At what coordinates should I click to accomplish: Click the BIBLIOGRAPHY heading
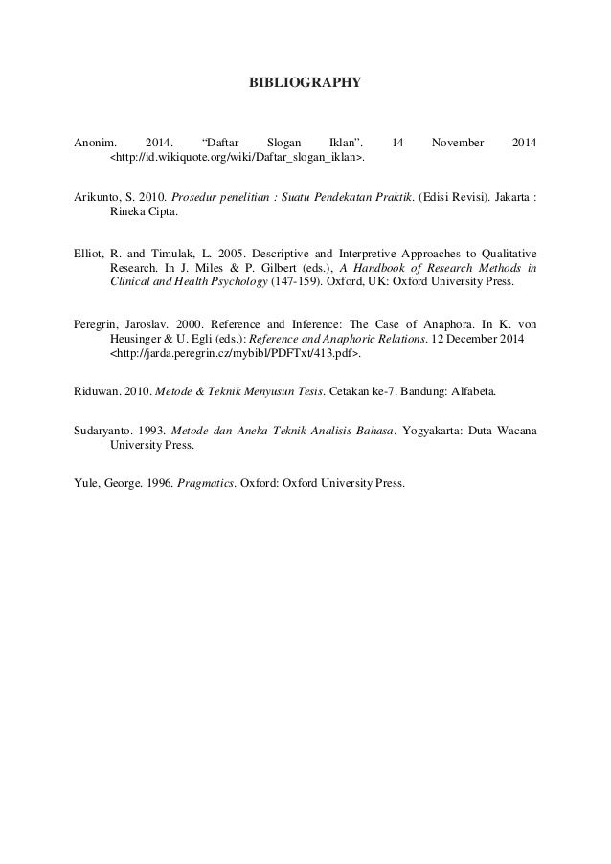point(305,83)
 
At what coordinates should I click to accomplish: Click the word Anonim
point(94,143)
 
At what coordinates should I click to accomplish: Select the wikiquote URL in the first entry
point(238,157)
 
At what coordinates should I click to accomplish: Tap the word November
point(458,143)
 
